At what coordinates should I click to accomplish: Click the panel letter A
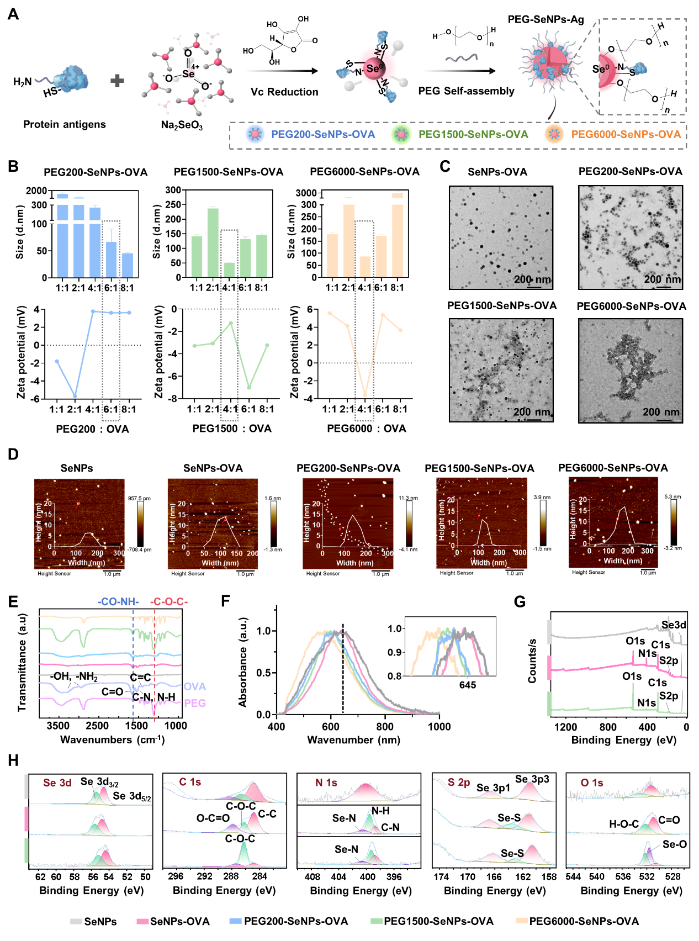pyautogui.click(x=13, y=14)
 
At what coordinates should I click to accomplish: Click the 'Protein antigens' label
pyautogui.click(x=65, y=124)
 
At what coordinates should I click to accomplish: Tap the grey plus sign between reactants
pyautogui.click(x=117, y=81)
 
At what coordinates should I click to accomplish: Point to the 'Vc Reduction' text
pyautogui.click(x=284, y=92)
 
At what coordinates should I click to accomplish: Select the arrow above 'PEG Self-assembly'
pyautogui.click(x=461, y=71)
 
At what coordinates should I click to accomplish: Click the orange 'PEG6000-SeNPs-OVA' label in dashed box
pyautogui.click(x=626, y=134)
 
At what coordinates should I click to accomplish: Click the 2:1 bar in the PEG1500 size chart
pyautogui.click(x=213, y=242)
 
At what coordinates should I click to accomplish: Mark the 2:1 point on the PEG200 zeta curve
pyautogui.click(x=75, y=396)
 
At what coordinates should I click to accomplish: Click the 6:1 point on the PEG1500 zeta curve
pyautogui.click(x=249, y=387)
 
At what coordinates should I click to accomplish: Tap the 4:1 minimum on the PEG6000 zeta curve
pyautogui.click(x=365, y=394)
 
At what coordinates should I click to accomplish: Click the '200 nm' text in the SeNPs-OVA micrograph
pyautogui.click(x=532, y=279)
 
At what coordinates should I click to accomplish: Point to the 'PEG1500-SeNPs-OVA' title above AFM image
pyautogui.click(x=479, y=469)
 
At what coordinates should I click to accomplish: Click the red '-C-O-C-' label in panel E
pyautogui.click(x=169, y=601)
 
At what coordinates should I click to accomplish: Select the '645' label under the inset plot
pyautogui.click(x=467, y=685)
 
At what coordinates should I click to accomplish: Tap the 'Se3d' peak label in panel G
pyautogui.click(x=674, y=625)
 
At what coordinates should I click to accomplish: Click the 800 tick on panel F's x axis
pyautogui.click(x=385, y=726)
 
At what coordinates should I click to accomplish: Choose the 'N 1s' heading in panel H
pyautogui.click(x=326, y=783)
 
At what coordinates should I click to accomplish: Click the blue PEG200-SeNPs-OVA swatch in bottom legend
pyautogui.click(x=235, y=921)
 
